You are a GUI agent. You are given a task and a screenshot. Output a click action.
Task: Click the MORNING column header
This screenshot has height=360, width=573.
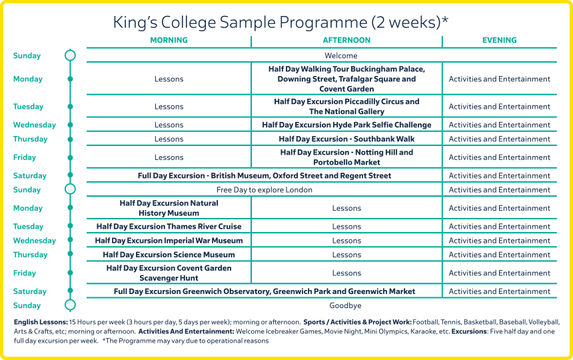[169, 40]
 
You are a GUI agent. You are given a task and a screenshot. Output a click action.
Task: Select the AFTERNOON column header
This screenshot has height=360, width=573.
[346, 40]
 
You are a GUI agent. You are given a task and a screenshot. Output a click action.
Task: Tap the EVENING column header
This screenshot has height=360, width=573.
[499, 40]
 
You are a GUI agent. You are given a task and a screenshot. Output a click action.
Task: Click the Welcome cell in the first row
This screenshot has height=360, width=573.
[341, 56]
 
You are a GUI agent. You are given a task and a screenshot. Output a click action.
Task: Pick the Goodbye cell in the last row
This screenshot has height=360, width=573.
[346, 305]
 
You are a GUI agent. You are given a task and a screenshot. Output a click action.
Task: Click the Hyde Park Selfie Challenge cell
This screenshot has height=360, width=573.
[346, 125]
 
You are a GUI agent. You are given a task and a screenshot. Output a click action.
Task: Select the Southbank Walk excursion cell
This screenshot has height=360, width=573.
[346, 139]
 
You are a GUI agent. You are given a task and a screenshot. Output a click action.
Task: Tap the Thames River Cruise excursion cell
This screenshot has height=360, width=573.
[169, 227]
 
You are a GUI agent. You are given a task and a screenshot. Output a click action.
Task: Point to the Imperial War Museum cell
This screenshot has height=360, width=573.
[169, 241]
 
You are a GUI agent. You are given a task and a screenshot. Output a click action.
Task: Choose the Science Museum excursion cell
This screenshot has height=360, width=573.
[169, 255]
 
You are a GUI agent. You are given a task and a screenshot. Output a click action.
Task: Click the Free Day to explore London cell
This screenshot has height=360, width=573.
[265, 190]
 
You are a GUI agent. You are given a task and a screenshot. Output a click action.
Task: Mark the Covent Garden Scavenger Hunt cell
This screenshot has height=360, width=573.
[169, 273]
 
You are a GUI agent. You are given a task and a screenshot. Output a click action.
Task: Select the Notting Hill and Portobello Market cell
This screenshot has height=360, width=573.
[346, 157]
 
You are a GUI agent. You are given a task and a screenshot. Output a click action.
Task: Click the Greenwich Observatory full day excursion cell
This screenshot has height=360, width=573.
[265, 291]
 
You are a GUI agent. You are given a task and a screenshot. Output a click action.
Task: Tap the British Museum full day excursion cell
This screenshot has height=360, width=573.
[265, 176]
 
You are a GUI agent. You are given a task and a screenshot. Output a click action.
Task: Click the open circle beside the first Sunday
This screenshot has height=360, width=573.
[70, 56]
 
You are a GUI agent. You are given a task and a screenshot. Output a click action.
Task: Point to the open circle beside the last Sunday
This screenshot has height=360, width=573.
[70, 305]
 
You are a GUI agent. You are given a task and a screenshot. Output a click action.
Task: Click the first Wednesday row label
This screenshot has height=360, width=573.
[35, 125]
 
